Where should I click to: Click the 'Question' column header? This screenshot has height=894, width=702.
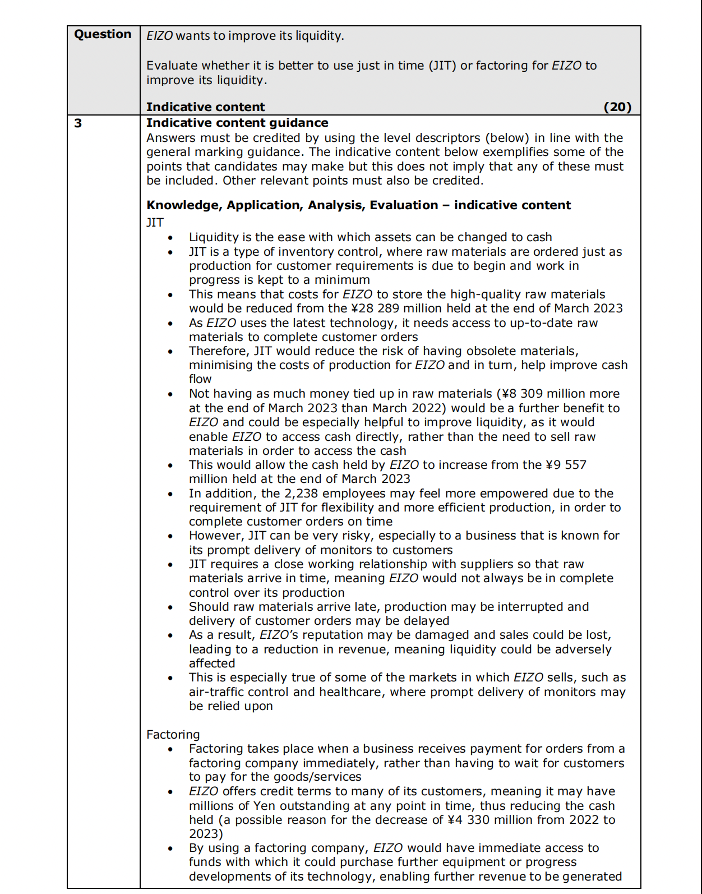tap(103, 34)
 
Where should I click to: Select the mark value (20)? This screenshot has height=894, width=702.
tap(617, 107)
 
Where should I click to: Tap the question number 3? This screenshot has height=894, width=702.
tap(78, 123)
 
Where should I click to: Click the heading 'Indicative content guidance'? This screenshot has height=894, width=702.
tap(237, 123)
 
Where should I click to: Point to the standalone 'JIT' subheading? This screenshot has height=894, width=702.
tap(155, 223)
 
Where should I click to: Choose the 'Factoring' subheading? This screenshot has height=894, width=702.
tap(173, 735)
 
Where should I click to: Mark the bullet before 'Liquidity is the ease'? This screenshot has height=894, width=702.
tap(170, 238)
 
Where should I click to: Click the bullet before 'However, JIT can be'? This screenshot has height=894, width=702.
tap(170, 536)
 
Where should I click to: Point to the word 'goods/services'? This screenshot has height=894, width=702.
tap(321, 777)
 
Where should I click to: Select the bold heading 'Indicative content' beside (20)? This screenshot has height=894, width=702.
tap(205, 107)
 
